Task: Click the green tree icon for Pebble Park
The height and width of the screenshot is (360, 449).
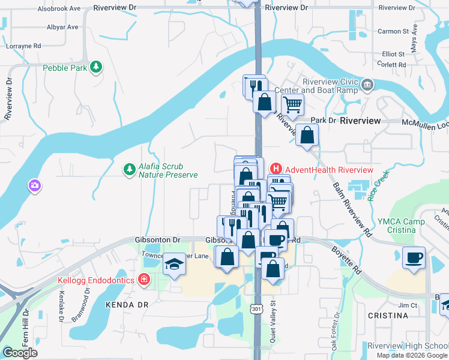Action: pos(95,67)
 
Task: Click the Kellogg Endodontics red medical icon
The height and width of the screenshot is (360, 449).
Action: pos(143,280)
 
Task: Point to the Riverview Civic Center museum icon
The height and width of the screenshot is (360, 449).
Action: pos(367,85)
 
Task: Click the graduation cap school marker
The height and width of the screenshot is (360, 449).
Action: pos(174,265)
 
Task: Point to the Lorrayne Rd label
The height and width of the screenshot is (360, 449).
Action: pos(23,46)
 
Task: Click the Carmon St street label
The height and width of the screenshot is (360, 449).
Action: pos(393,31)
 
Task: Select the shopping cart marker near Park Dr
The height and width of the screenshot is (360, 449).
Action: pos(292,105)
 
